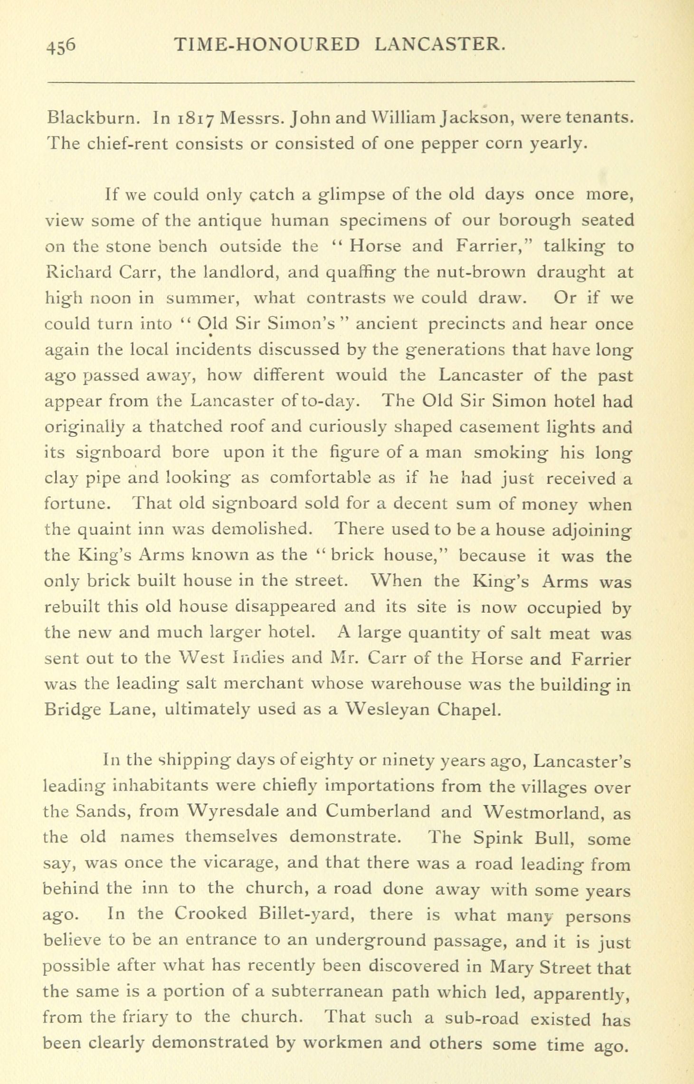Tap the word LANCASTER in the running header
click(438, 45)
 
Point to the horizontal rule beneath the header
click(341, 82)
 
